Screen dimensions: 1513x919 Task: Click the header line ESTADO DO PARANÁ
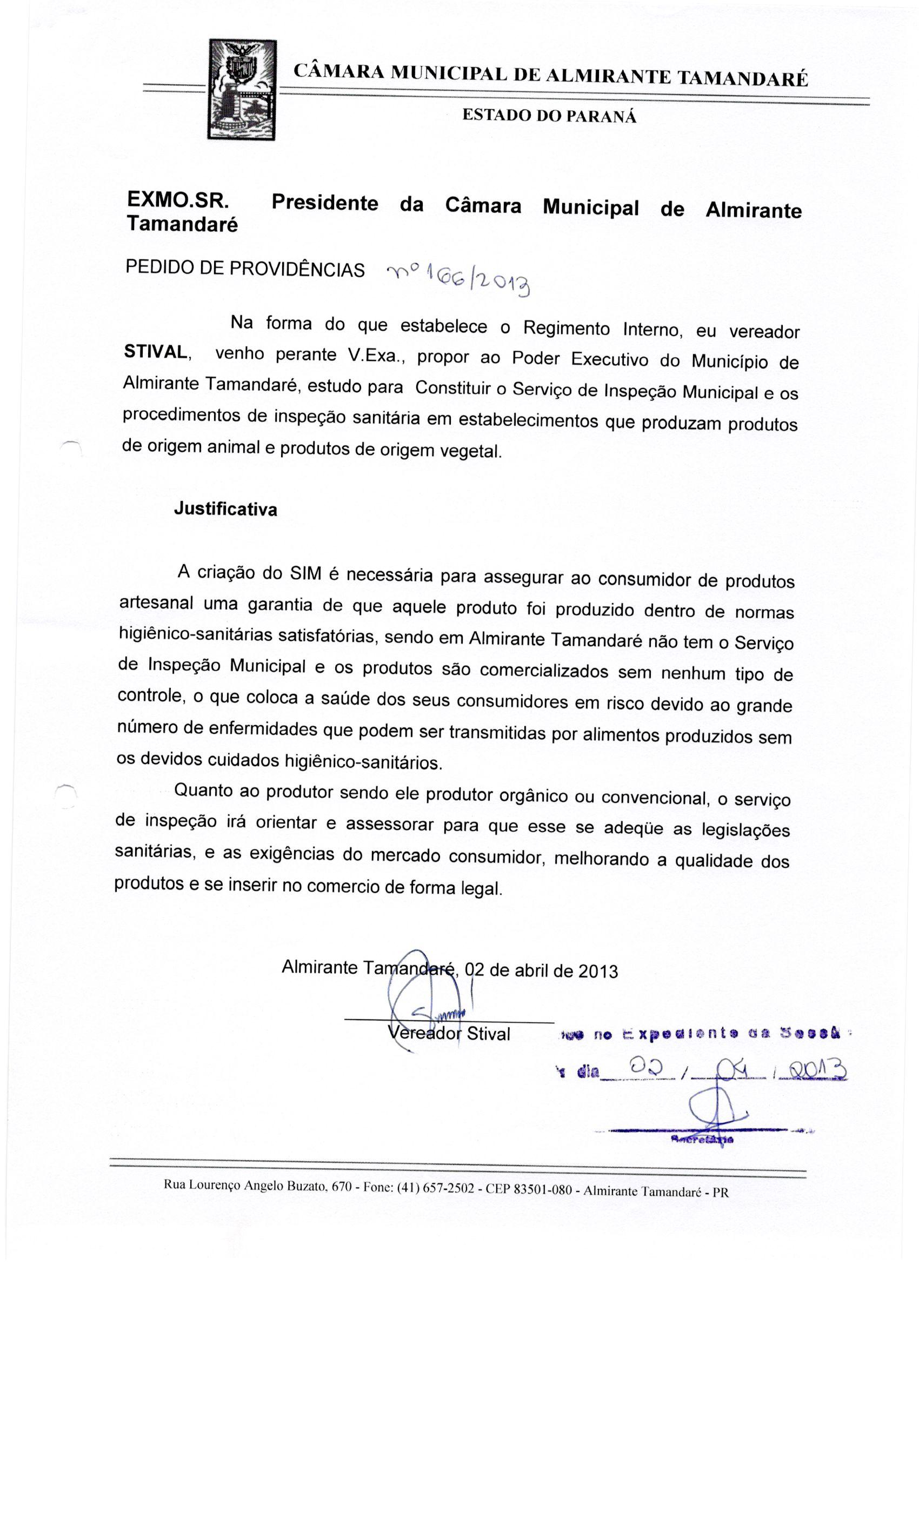(549, 116)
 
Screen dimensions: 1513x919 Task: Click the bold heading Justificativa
(225, 509)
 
